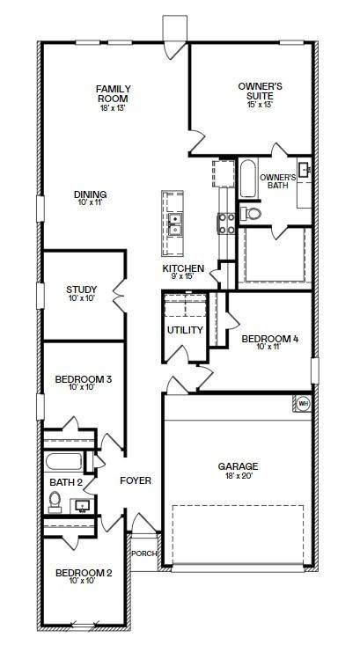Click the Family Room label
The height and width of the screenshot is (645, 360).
114,89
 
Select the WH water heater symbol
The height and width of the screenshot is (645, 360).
304,403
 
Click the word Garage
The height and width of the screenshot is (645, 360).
238,466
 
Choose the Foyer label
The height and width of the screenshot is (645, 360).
136,480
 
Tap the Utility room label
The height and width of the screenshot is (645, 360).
185,330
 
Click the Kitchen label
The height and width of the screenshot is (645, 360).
183,268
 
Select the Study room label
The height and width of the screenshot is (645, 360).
82,290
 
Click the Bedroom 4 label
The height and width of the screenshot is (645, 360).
266,337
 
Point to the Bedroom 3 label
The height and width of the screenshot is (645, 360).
83,379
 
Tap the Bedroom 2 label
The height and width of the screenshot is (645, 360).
84,573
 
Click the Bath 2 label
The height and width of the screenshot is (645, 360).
65,482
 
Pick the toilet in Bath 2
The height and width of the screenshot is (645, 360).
55,501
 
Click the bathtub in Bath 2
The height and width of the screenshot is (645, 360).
63,462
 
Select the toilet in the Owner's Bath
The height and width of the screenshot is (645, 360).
250,213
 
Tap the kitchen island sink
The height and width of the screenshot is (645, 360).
175,224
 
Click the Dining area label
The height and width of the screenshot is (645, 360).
90,194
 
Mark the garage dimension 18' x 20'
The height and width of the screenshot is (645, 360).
238,476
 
